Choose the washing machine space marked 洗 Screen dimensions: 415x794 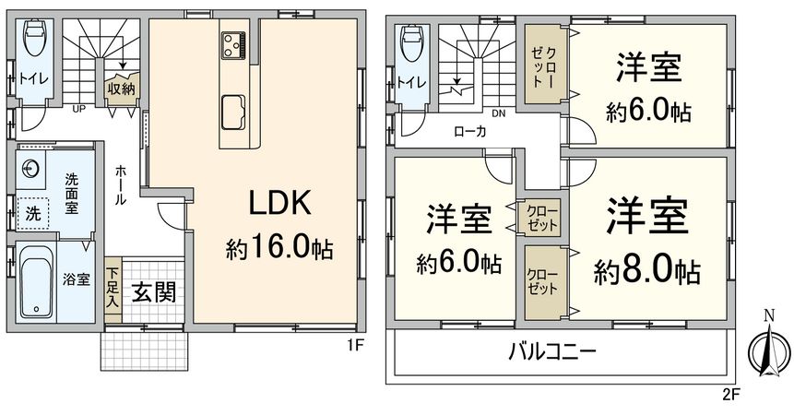tap(33, 213)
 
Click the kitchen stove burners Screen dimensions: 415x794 tap(232, 41)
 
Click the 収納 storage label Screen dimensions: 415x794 tap(121, 89)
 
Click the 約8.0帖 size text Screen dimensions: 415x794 tap(646, 271)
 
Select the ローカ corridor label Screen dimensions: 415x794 tap(469, 131)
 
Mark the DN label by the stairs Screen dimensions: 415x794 tap(498, 113)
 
